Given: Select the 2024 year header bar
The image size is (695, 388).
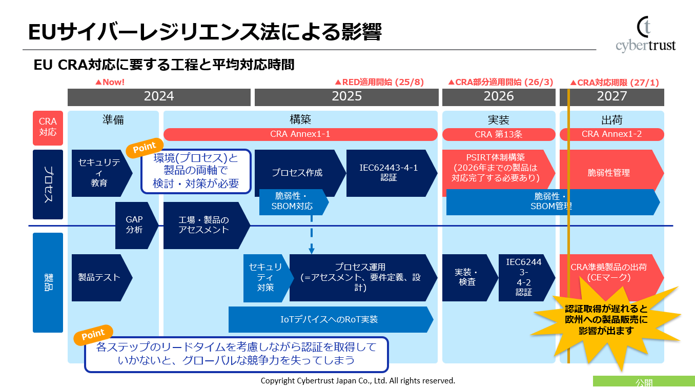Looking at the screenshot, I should [x=159, y=96].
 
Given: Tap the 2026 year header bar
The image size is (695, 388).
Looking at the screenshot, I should [x=498, y=96].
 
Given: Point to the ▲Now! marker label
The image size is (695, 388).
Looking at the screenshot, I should [x=110, y=82].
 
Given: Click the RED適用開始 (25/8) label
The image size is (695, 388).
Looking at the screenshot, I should [x=379, y=82].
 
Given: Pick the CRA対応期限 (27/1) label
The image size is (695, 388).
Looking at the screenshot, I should [x=615, y=83].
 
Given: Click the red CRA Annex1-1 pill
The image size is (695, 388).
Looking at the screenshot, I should [x=300, y=134].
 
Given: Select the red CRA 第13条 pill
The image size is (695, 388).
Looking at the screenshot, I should [x=498, y=134].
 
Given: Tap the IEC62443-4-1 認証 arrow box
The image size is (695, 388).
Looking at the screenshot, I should [x=389, y=173].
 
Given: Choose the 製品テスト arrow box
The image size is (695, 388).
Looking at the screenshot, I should [x=99, y=277].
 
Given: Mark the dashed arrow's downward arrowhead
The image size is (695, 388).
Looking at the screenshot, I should [x=312, y=250].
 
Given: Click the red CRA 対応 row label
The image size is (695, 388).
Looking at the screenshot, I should [x=48, y=128].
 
